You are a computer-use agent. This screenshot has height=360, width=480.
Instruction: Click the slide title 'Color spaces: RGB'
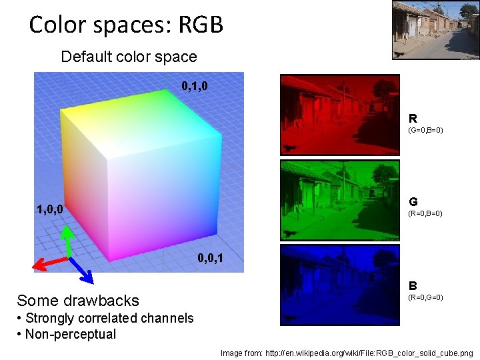[x=126, y=25]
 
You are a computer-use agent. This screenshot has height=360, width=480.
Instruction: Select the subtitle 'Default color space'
[x=129, y=57]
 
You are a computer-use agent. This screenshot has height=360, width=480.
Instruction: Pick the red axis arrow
[x=49, y=262]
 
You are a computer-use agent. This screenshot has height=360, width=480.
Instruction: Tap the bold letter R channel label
[x=413, y=119]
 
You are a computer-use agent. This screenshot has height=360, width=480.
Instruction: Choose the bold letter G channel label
[x=413, y=201]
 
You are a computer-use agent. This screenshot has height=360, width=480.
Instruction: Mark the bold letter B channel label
[x=413, y=285]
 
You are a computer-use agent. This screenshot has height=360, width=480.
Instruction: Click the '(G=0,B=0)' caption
[x=425, y=130]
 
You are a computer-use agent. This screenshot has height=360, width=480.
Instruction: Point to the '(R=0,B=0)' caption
[x=425, y=213]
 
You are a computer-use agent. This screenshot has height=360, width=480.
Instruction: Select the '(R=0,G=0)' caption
[x=425, y=297]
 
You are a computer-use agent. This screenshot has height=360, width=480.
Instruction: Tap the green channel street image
[x=339, y=200]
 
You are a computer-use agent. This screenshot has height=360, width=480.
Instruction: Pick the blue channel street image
[x=339, y=285]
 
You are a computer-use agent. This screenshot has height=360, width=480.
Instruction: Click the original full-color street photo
[x=435, y=30]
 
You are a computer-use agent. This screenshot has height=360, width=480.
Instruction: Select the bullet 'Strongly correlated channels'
[x=109, y=318]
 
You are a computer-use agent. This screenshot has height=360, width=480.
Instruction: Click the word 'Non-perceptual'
[x=70, y=334]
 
